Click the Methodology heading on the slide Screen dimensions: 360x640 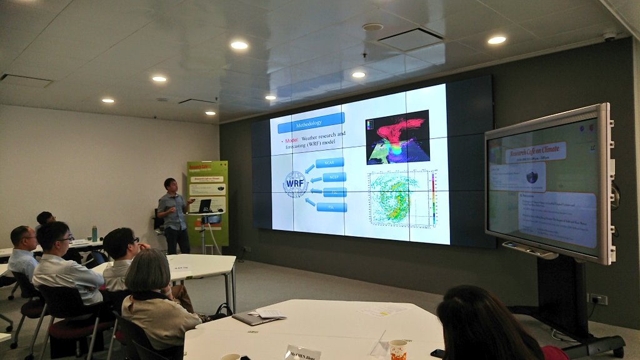click(311, 123)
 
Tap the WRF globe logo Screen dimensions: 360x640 click(296, 184)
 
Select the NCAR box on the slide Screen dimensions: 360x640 click(329, 162)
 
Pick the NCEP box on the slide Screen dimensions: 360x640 click(334, 177)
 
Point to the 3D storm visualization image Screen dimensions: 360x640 click(397, 137)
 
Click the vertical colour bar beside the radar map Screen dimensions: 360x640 click(434, 199)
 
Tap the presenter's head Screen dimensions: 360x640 click(170, 185)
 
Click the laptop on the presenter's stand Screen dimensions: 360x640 click(204, 206)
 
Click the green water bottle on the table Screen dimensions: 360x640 click(94, 234)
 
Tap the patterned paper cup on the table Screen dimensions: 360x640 click(397, 349)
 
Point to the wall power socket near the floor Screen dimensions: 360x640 click(597, 299)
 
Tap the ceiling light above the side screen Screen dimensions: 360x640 click(496, 40)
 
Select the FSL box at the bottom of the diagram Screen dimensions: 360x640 click(331, 207)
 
